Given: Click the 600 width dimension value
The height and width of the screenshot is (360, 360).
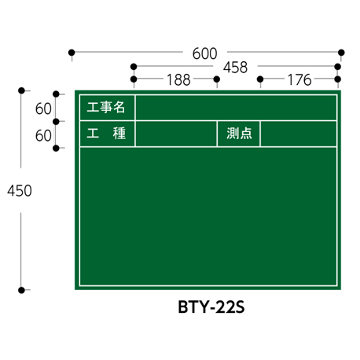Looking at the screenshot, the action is (x=204, y=53).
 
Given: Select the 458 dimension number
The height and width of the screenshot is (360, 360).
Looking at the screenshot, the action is (x=235, y=68).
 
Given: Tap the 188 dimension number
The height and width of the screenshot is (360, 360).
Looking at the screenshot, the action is (x=178, y=80).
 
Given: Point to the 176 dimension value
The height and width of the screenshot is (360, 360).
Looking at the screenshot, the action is (x=299, y=80).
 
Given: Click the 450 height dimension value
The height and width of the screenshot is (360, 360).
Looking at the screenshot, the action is (x=20, y=190).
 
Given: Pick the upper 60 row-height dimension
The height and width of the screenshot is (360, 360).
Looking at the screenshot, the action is (x=43, y=108).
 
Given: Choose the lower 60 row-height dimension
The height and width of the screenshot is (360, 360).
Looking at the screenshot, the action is (x=43, y=136).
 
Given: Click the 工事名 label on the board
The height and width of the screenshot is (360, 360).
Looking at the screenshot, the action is (x=106, y=108).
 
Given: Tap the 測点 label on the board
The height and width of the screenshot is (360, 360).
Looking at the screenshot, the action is (x=239, y=134).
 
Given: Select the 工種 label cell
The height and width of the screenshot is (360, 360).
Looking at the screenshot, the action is (x=108, y=134).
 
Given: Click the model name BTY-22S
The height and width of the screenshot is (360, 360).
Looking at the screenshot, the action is (x=211, y=307).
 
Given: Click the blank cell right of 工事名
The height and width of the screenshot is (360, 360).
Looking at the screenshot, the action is (x=236, y=108).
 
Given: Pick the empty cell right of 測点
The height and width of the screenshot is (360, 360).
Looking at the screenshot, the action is (x=299, y=134).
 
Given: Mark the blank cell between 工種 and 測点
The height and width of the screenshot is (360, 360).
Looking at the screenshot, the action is (x=176, y=134).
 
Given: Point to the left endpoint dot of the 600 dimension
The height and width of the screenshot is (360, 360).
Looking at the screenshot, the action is (x=72, y=53).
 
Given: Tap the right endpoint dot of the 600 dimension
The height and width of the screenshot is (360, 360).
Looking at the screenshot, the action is (x=341, y=53).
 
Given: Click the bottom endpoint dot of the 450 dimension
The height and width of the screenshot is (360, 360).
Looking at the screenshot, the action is (x=21, y=290).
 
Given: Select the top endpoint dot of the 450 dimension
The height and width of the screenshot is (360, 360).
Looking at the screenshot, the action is (x=21, y=90).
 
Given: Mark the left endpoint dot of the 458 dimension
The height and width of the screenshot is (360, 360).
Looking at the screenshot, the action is (x=134, y=67).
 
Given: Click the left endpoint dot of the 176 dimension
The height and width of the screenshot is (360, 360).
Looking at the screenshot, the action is (x=260, y=79).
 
